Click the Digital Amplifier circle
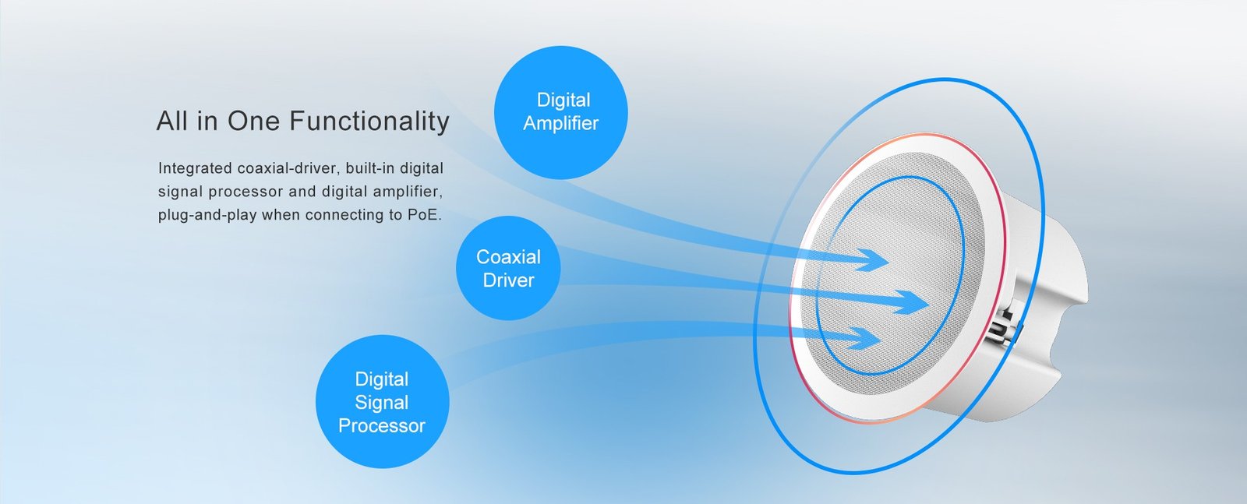pyautogui.click(x=561, y=112)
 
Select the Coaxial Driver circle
pyautogui.click(x=508, y=268)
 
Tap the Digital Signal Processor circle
pyautogui.click(x=383, y=402)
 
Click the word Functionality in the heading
pyautogui.click(x=369, y=122)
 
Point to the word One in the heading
pyautogui.click(x=253, y=122)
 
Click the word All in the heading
pyautogui.click(x=172, y=122)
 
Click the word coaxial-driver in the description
pyautogui.click(x=289, y=168)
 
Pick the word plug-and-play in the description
pyautogui.click(x=207, y=215)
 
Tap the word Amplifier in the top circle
pyautogui.click(x=560, y=124)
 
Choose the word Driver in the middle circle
pyautogui.click(x=508, y=280)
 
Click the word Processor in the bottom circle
pyautogui.click(x=382, y=425)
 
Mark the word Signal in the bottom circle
pyautogui.click(x=382, y=403)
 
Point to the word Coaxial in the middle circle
pyautogui.click(x=508, y=257)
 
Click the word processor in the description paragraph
pyautogui.click(x=246, y=192)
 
